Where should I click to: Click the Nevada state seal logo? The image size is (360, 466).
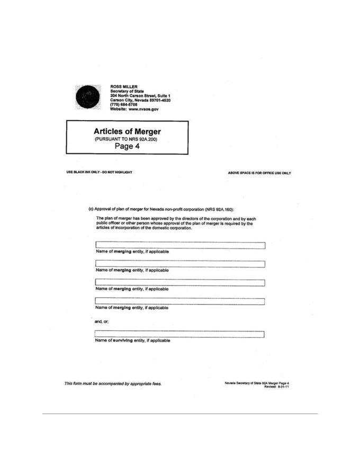click(x=87, y=97)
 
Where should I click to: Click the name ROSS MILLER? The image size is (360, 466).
click(x=125, y=85)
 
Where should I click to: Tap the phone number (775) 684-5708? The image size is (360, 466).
click(x=123, y=104)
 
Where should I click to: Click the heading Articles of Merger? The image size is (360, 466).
click(x=127, y=131)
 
